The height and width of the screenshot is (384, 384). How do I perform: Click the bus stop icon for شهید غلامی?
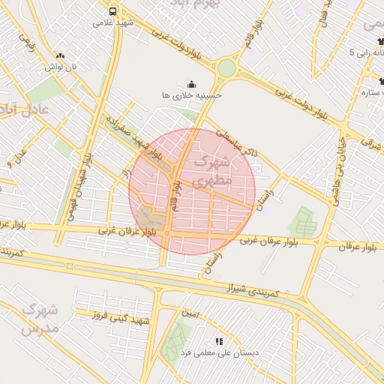112,11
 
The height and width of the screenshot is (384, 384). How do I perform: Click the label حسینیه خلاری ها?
192,96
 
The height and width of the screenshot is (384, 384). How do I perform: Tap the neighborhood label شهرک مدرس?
39,318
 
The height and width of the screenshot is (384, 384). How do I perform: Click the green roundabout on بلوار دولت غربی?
226,68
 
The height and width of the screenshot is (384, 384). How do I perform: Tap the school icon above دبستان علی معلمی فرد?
219,341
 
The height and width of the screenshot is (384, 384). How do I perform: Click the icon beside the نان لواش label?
61,55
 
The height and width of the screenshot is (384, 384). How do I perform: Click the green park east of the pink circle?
303,222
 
